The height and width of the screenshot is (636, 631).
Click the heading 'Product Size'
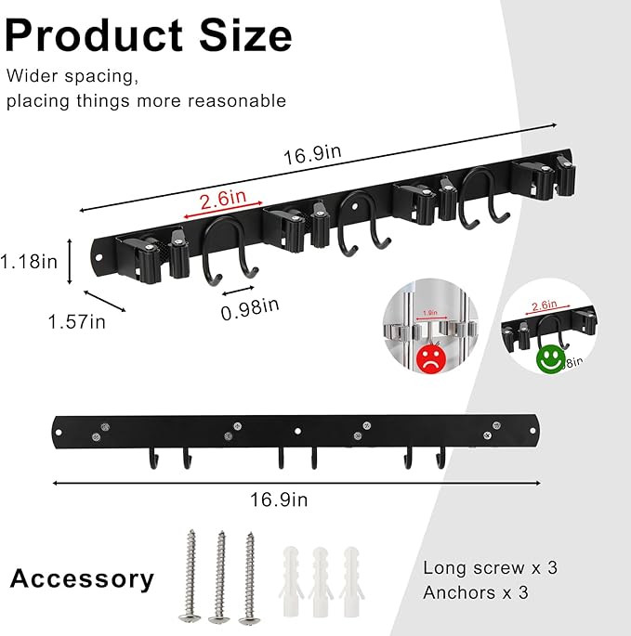coord(149,35)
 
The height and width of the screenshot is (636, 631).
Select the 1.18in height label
coord(29,261)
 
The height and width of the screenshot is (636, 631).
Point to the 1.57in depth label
coord(77,321)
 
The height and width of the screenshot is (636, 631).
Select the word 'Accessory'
coord(82,579)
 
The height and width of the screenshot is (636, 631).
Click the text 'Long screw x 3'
coord(490,567)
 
